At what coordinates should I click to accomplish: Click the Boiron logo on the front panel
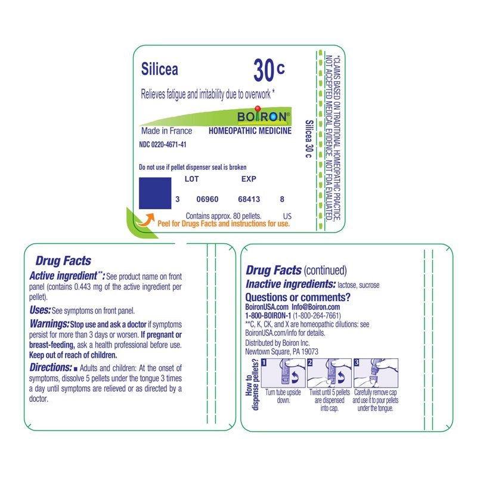263,116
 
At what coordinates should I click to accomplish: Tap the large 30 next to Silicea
264,70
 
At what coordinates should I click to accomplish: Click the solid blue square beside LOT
155,193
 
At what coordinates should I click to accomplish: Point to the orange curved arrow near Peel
145,219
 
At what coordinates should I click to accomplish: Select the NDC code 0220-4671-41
162,144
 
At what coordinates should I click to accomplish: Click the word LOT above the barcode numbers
191,179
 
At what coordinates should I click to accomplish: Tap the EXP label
249,179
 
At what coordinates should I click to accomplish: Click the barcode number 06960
207,199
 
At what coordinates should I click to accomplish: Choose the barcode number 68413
249,199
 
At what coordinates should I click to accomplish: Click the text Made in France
167,131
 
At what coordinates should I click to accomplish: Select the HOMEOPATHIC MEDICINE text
250,131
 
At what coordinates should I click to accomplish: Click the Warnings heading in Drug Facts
49,324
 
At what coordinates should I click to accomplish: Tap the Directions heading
51,367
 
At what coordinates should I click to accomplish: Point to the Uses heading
40,310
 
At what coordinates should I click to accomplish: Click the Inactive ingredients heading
290,284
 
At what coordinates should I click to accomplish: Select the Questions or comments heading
298,297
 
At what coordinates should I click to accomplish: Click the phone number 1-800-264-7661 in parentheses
317,316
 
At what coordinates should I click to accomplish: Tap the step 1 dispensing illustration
283,373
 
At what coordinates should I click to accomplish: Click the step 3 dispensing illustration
376,373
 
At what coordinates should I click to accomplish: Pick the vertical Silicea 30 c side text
309,139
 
